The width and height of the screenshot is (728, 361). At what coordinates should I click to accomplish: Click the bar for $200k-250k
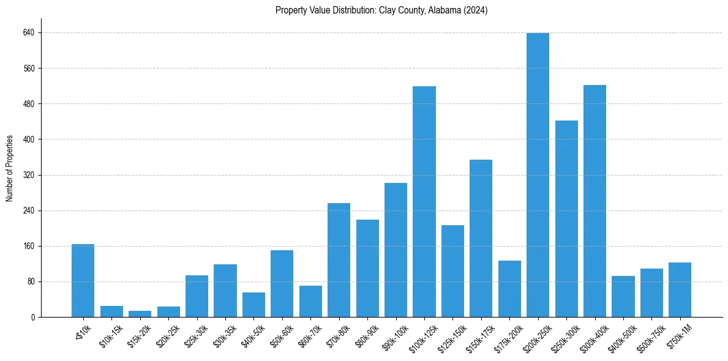pos(538,175)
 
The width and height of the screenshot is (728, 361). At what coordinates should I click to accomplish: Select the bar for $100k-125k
pos(424,202)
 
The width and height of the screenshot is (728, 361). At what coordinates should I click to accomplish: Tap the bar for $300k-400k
pos(595,201)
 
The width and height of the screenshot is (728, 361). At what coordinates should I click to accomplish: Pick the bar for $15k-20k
pos(140,314)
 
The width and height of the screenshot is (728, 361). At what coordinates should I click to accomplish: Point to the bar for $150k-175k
pos(481,239)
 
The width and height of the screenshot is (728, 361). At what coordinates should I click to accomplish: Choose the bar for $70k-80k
pos(339,260)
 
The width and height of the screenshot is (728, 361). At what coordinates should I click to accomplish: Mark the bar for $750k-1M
pos(680,290)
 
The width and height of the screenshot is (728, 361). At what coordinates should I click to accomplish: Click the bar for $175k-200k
pos(509,289)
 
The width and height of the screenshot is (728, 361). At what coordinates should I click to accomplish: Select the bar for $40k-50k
pos(253,305)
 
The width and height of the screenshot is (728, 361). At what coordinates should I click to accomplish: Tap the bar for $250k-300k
pos(566,219)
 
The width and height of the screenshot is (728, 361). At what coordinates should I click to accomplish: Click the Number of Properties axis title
pos(9,168)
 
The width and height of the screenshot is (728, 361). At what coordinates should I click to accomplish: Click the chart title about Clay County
pos(381,10)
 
